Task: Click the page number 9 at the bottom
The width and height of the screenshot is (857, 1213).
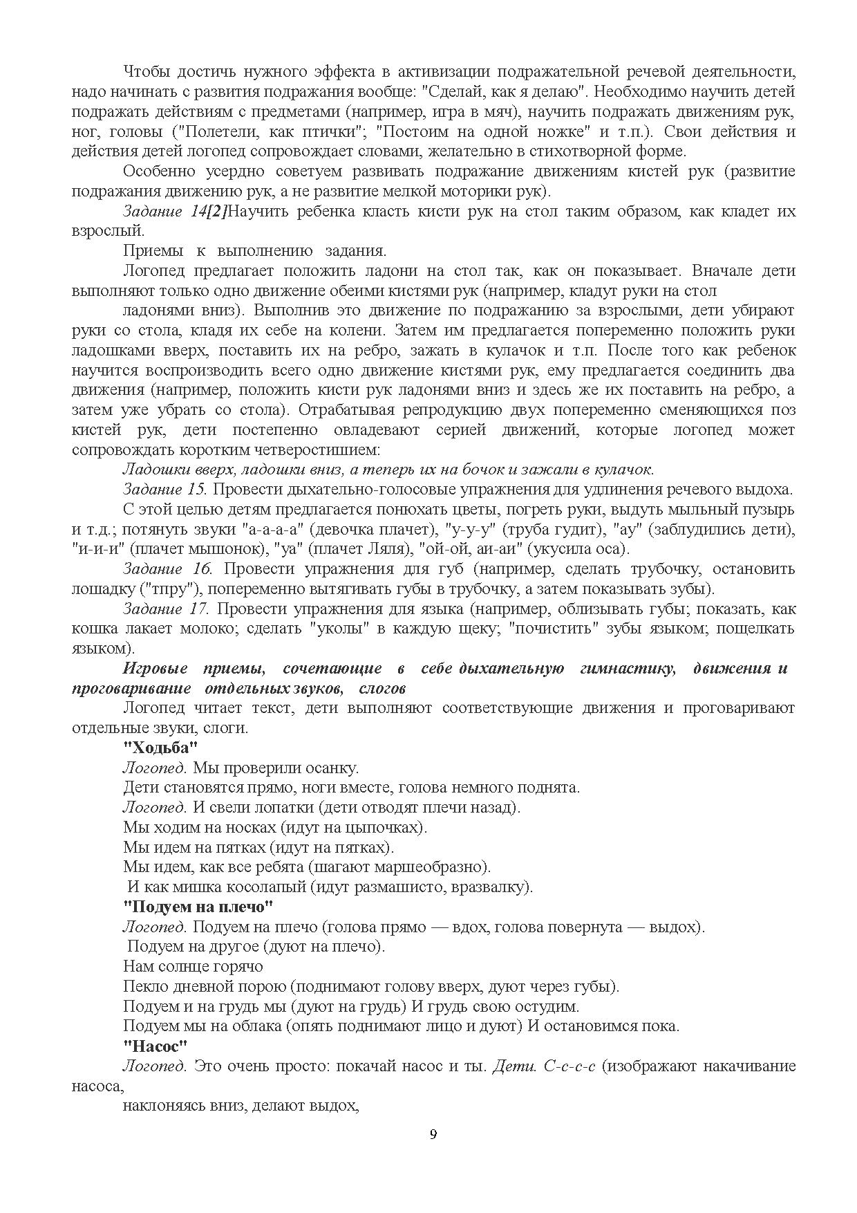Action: point(433,1133)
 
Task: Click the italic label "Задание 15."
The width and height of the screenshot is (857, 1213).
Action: point(164,489)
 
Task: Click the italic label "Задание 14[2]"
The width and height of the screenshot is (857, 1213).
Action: point(173,212)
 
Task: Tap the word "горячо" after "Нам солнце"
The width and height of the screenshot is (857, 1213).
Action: point(238,966)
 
